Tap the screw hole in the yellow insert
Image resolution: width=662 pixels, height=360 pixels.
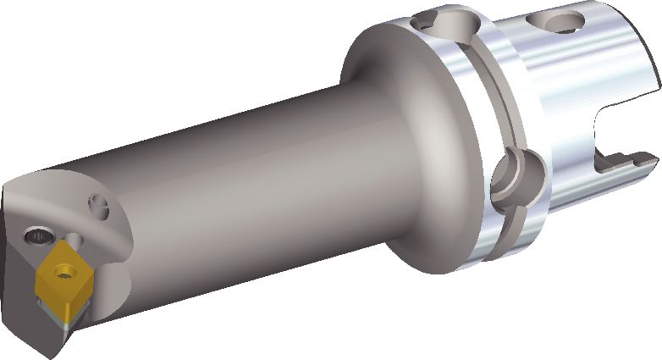(61, 272)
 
